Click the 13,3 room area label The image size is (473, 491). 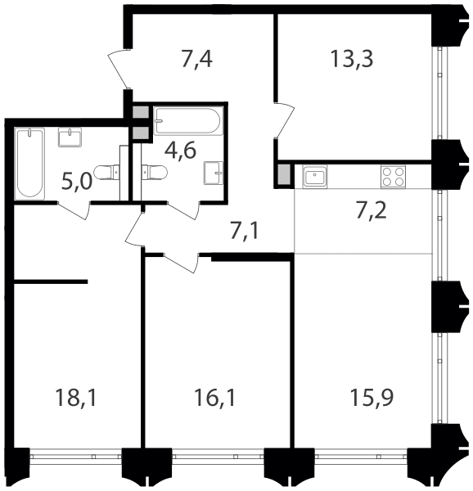pyautogui.click(x=352, y=60)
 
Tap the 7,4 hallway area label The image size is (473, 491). pyautogui.click(x=197, y=60)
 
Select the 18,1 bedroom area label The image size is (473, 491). pyautogui.click(x=76, y=398)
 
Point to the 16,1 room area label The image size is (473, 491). pyautogui.click(x=214, y=398)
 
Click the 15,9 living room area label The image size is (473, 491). pyautogui.click(x=372, y=398)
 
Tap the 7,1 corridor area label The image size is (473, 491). pyautogui.click(x=245, y=231)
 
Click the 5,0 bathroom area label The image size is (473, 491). pyautogui.click(x=77, y=182)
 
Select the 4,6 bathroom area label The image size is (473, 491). pyautogui.click(x=181, y=151)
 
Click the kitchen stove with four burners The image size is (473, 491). pyautogui.click(x=393, y=177)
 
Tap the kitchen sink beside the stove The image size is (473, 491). pyautogui.click(x=314, y=176)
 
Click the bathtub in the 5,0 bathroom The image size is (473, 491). pyautogui.click(x=29, y=163)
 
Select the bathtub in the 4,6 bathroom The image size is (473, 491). pyautogui.click(x=188, y=121)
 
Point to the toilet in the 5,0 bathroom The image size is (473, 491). pyautogui.click(x=106, y=173)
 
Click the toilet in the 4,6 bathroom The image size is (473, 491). pyautogui.click(x=155, y=172)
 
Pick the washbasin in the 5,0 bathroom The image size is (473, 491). pyautogui.click(x=70, y=137)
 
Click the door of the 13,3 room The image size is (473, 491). pyautogui.click(x=285, y=120)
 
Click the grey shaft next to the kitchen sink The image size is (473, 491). pyautogui.click(x=284, y=175)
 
